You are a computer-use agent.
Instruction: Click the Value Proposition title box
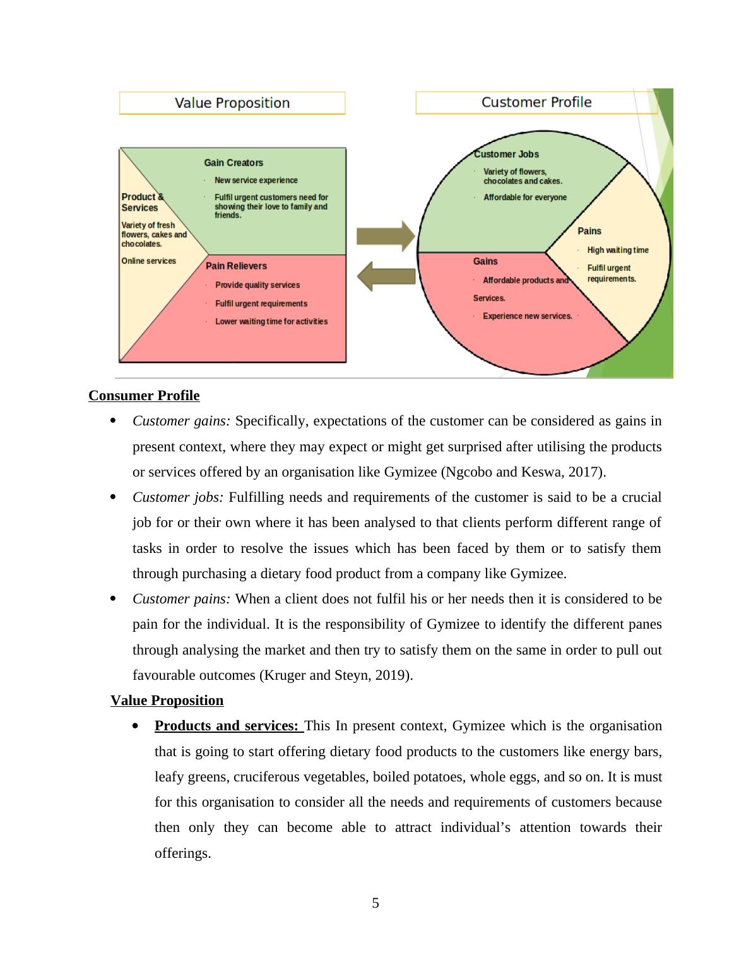pyautogui.click(x=232, y=103)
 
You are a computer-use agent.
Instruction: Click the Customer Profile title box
pyautogui.click(x=536, y=102)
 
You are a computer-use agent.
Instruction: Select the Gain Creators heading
pyautogui.click(x=234, y=163)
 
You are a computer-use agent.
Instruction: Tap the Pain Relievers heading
pyautogui.click(x=236, y=266)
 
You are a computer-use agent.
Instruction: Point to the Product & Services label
pyautogui.click(x=142, y=202)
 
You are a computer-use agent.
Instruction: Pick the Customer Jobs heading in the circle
pyautogui.click(x=506, y=154)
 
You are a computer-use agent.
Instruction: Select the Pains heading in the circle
pyautogui.click(x=589, y=231)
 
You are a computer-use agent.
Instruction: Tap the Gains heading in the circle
pyautogui.click(x=485, y=261)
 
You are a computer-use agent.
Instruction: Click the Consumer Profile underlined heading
pyautogui.click(x=144, y=396)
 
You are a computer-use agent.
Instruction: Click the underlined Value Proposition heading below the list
pyautogui.click(x=167, y=701)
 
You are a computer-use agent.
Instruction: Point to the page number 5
pyautogui.click(x=375, y=903)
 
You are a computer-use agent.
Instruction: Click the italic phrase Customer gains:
pyautogui.click(x=182, y=421)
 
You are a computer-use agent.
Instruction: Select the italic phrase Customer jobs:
pyautogui.click(x=178, y=497)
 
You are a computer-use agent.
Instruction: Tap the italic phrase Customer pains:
pyautogui.click(x=181, y=599)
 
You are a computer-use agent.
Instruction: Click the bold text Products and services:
pyautogui.click(x=227, y=726)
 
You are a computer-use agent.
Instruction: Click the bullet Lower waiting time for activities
pyautogui.click(x=271, y=322)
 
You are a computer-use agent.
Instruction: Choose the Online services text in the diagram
pyautogui.click(x=149, y=261)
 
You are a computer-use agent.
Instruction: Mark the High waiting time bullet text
pyautogui.click(x=618, y=251)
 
